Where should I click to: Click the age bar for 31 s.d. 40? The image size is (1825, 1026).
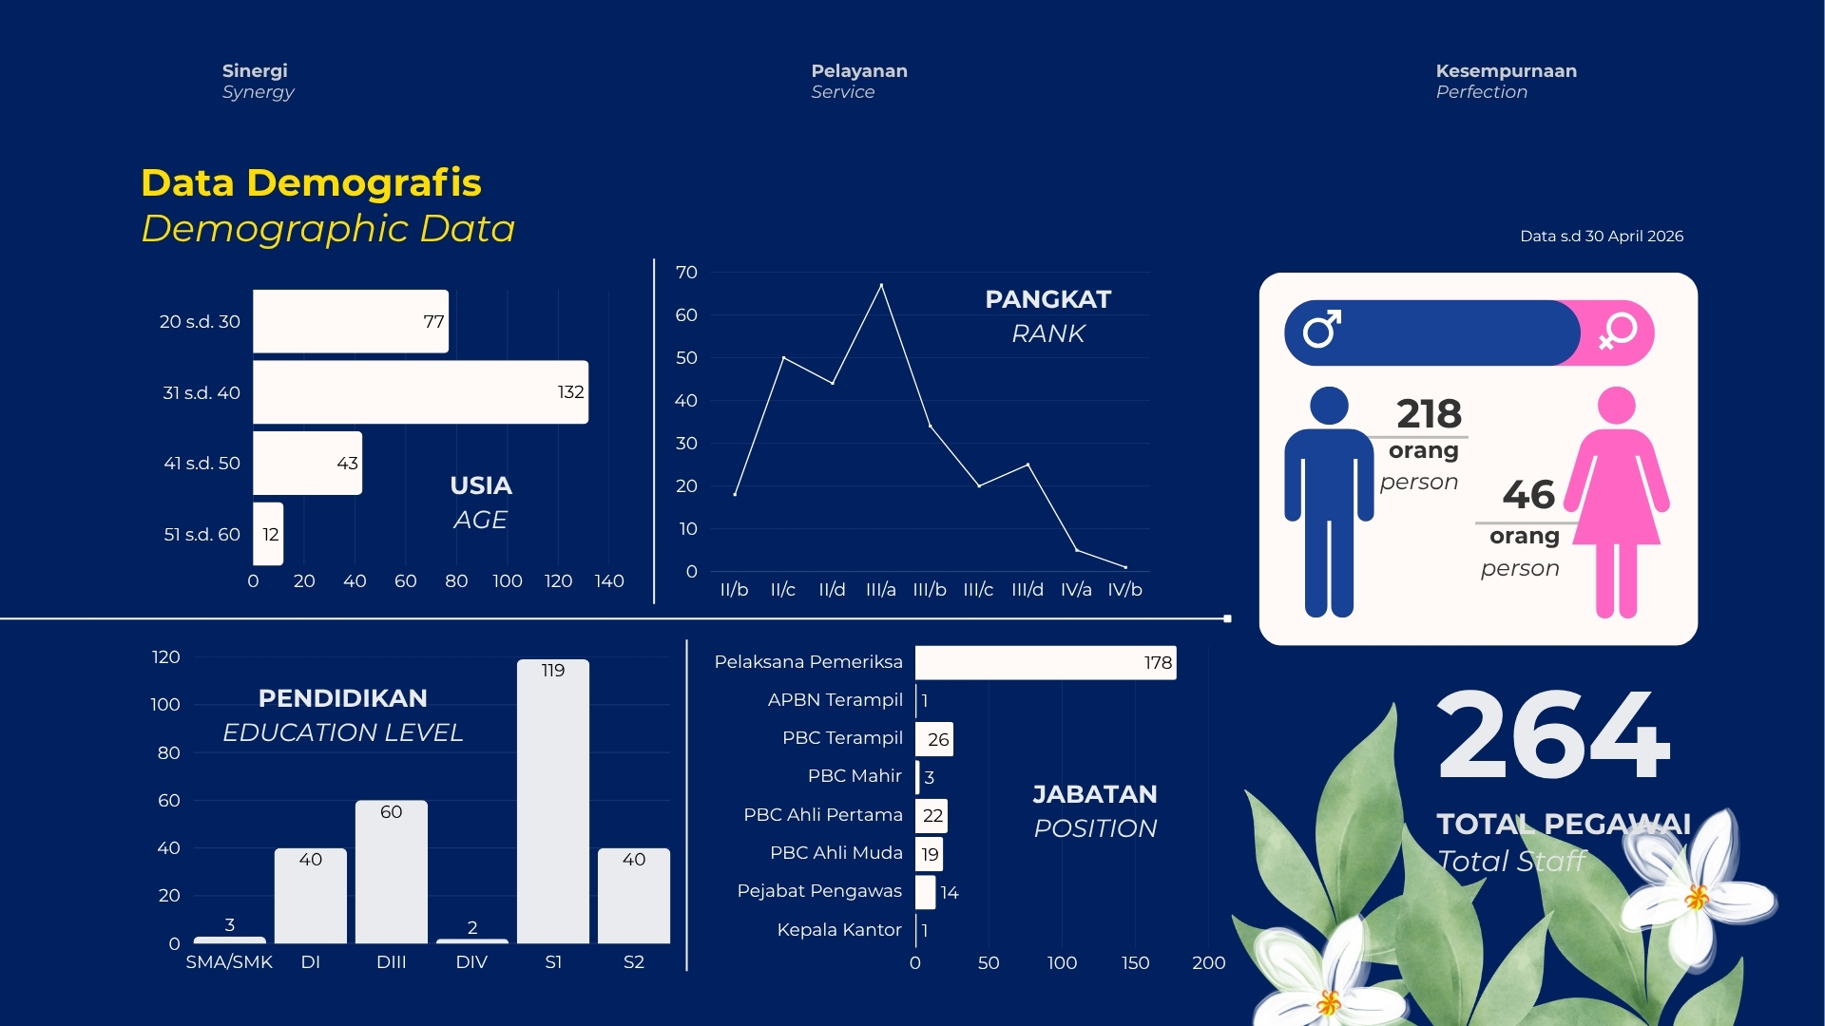pyautogui.click(x=420, y=391)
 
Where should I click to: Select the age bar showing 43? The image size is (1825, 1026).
pyautogui.click(x=307, y=463)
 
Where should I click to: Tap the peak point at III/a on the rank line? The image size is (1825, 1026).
pyautogui.click(x=881, y=285)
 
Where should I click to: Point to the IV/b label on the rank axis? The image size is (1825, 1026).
pyautogui.click(x=1124, y=590)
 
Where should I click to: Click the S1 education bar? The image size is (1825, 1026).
pyautogui.click(x=553, y=801)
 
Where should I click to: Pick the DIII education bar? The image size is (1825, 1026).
pyautogui.click(x=392, y=872)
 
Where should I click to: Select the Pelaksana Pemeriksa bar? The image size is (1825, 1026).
pyautogui.click(x=1046, y=662)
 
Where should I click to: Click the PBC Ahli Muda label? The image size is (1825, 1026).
pyautogui.click(x=836, y=853)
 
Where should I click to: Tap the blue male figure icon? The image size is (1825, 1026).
pyautogui.click(x=1329, y=502)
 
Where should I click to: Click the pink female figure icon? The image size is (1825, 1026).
pyautogui.click(x=1617, y=502)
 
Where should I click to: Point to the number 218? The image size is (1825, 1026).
pyautogui.click(x=1429, y=414)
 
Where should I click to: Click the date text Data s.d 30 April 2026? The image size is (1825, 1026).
pyautogui.click(x=1602, y=237)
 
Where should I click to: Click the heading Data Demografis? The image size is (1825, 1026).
pyautogui.click(x=311, y=182)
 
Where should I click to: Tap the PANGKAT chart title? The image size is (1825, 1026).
pyautogui.click(x=1047, y=299)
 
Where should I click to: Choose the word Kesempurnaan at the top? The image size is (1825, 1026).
pyautogui.click(x=1506, y=71)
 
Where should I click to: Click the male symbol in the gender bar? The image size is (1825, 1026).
pyautogui.click(x=1321, y=329)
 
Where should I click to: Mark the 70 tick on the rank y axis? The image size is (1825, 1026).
pyautogui.click(x=686, y=273)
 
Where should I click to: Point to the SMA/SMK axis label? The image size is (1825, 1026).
pyautogui.click(x=229, y=962)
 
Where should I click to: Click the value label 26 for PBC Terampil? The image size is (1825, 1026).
pyautogui.click(x=938, y=739)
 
